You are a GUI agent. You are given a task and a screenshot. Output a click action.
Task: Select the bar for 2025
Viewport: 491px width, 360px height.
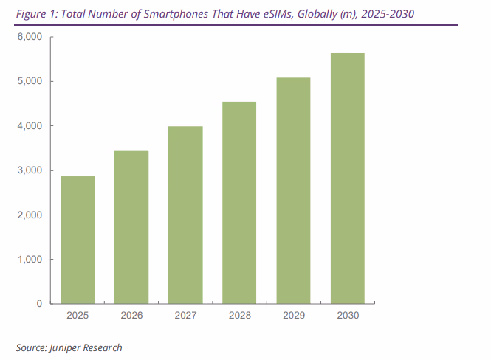click(x=78, y=240)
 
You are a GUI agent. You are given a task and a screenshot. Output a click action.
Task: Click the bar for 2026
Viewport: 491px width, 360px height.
click(x=131, y=227)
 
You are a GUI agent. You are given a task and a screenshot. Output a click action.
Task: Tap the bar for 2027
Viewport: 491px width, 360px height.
click(x=185, y=215)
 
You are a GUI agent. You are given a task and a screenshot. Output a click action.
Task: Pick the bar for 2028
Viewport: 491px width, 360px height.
click(x=239, y=203)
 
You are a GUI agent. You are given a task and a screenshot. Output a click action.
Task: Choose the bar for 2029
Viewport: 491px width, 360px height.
click(x=293, y=190)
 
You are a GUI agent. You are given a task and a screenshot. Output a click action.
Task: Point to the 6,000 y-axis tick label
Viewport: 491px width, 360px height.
click(x=30, y=37)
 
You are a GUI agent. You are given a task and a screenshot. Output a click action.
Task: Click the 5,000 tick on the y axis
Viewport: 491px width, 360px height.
click(x=30, y=81)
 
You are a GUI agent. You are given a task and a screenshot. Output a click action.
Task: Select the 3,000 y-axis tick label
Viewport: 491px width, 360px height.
click(x=30, y=170)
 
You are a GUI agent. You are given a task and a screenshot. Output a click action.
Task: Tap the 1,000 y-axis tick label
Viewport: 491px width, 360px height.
click(x=30, y=260)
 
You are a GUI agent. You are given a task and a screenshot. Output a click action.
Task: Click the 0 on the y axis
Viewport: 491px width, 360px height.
click(x=40, y=304)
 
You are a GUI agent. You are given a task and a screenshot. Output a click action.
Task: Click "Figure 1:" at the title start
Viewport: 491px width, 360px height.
click(x=34, y=13)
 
